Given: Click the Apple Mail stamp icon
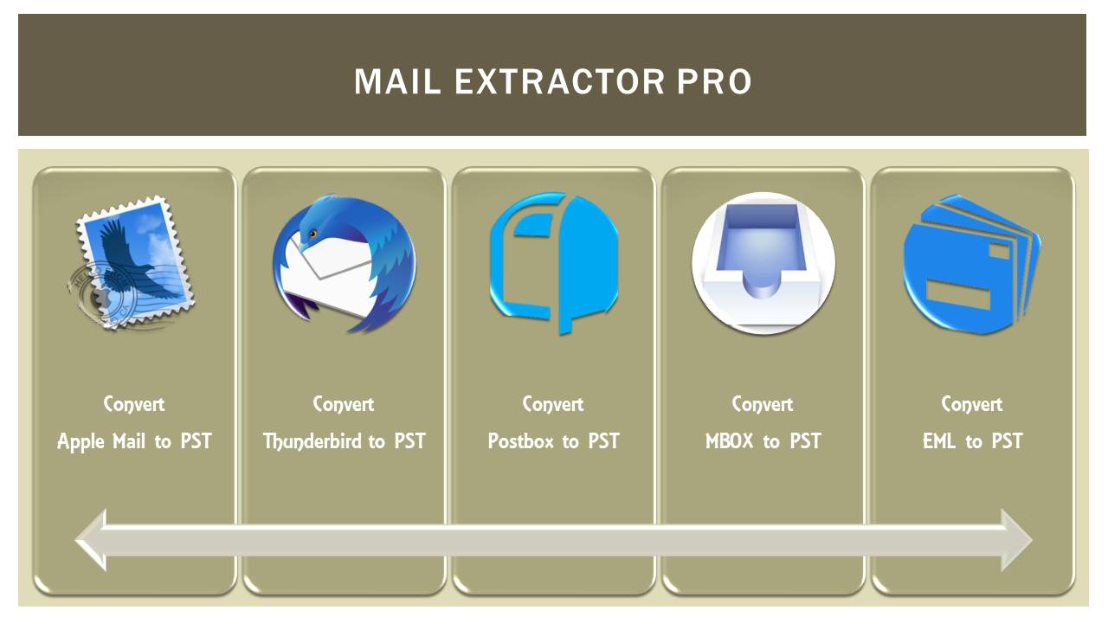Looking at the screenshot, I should pos(132,263).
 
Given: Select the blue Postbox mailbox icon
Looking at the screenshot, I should pos(554,263).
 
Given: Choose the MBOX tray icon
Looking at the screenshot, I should pos(763,263).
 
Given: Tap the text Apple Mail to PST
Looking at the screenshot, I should pos(134,441).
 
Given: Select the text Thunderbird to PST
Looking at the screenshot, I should pos(345,441).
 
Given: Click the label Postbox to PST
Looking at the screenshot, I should pos(554,441).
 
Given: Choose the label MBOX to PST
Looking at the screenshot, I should pos(763,441).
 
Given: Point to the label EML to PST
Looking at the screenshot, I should pos(973,441).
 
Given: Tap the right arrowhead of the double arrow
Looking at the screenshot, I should pos(1015,540).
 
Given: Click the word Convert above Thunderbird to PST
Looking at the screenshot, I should pos(344,404).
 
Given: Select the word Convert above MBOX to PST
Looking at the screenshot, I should pos(763,404).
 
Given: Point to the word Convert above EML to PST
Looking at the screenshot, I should pos(972,404).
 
